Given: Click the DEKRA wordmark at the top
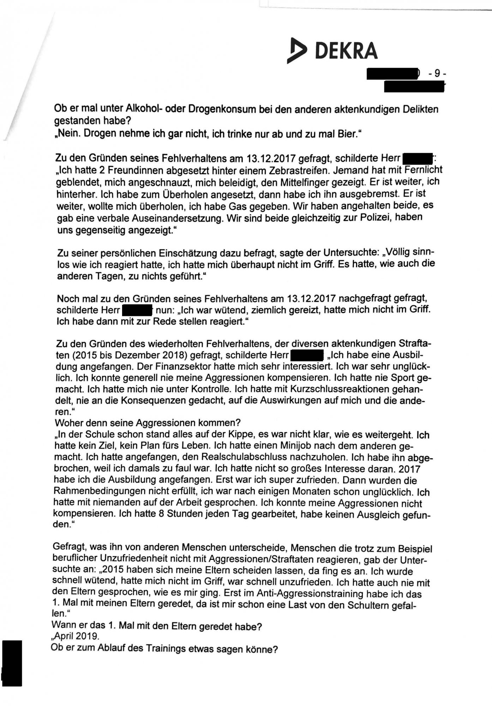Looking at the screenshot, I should pos(346,50).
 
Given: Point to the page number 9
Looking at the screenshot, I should pos(437,74).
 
